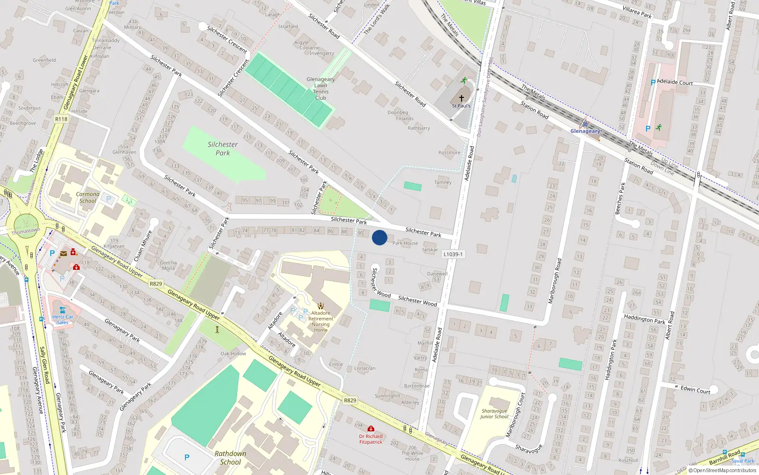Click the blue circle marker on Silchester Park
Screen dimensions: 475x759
pos(379,237)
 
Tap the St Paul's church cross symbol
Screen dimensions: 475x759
pos(461,98)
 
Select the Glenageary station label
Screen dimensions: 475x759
pos(585,131)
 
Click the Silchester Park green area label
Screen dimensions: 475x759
pos(222,149)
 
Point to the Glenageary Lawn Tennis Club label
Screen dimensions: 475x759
pos(321,89)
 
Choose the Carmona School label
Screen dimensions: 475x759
pos(88,198)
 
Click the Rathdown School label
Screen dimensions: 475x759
pos(231,457)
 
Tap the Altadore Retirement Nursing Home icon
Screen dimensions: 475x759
pos(321,306)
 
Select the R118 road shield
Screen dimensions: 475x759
pos(61,119)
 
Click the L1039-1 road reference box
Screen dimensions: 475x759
pos(453,254)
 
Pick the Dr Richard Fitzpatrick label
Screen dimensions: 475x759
pos(371,439)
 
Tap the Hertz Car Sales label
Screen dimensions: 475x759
pos(63,320)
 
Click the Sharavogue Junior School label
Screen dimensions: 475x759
pos(494,414)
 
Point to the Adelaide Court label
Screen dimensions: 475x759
pos(675,82)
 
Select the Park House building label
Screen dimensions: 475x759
pos(405,243)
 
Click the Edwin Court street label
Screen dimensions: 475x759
pos(695,390)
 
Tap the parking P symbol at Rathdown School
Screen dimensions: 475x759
pos(187,457)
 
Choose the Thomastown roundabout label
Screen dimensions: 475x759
pos(26,231)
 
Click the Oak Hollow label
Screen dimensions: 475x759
pos(233,353)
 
